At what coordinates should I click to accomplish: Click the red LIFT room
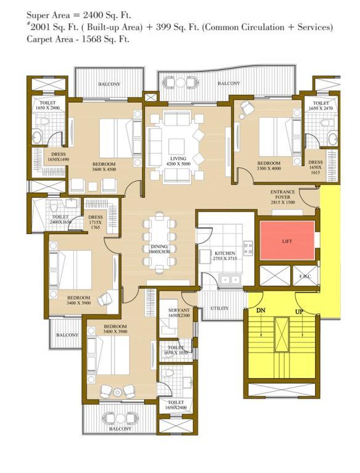287,240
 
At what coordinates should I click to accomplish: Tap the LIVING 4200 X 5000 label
178,161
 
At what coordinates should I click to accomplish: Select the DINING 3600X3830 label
159,249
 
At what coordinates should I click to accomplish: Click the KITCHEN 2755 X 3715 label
225,256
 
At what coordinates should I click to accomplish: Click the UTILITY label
219,309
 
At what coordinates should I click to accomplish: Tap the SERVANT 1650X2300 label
179,312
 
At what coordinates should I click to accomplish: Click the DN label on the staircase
261,310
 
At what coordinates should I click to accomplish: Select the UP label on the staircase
299,312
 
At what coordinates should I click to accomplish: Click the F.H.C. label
305,277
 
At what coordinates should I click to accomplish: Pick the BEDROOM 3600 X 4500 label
104,166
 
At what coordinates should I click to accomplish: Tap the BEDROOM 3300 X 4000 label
269,166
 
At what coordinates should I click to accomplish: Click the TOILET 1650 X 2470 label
321,105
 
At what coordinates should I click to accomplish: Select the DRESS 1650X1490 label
59,156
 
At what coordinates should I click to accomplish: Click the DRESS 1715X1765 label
96,222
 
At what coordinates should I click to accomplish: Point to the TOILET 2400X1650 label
60,220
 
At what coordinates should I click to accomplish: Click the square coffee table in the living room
177,147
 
